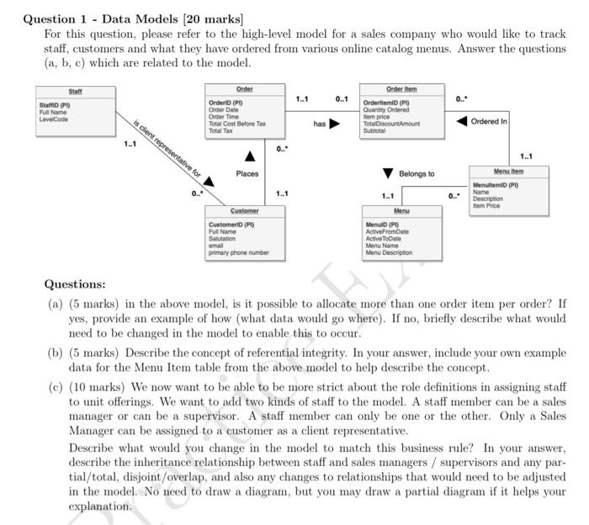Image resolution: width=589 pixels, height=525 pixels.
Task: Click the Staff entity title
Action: point(75,90)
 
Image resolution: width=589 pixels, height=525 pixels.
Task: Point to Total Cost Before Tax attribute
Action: point(236,124)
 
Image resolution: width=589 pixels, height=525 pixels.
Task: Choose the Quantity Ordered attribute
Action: point(386,109)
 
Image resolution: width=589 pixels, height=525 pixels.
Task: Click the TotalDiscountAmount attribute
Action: point(390,124)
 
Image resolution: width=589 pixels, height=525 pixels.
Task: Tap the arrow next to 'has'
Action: point(334,125)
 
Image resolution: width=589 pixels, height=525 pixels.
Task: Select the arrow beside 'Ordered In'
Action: point(462,121)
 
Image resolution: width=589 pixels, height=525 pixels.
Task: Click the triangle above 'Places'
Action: point(250,156)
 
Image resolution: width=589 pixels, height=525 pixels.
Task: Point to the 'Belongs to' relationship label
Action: point(417,173)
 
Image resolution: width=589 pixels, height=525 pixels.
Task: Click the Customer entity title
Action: point(245,210)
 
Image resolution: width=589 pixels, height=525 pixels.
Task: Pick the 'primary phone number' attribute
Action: point(239,252)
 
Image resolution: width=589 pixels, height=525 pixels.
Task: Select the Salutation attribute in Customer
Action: point(222,239)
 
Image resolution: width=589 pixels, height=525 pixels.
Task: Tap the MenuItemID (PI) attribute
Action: point(496,184)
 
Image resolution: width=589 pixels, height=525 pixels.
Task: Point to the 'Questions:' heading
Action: point(75,284)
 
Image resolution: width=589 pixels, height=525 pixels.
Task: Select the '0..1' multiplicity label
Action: point(342,99)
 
